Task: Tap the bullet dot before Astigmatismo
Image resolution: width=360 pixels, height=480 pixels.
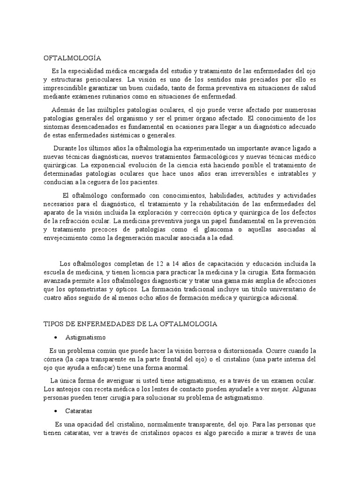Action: [56, 337]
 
